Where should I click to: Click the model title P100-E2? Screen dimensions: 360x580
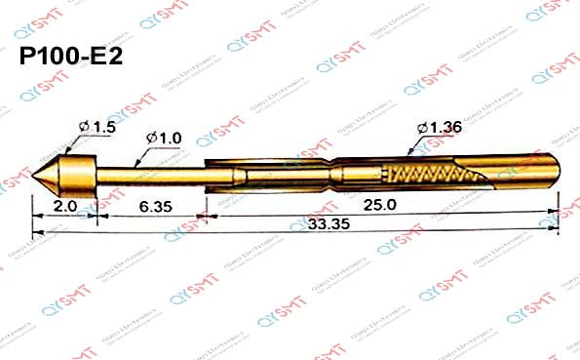point(71,57)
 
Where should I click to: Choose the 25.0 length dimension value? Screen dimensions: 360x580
point(379,206)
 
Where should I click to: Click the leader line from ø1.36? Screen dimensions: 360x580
point(416,146)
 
